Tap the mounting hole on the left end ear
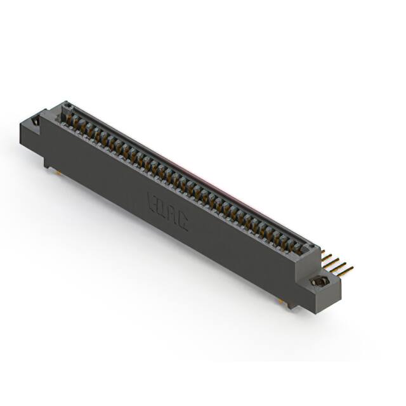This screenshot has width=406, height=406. click(36, 120)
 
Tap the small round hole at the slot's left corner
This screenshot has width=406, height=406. click(68, 107)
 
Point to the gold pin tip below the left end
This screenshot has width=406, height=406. click(58, 171)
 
